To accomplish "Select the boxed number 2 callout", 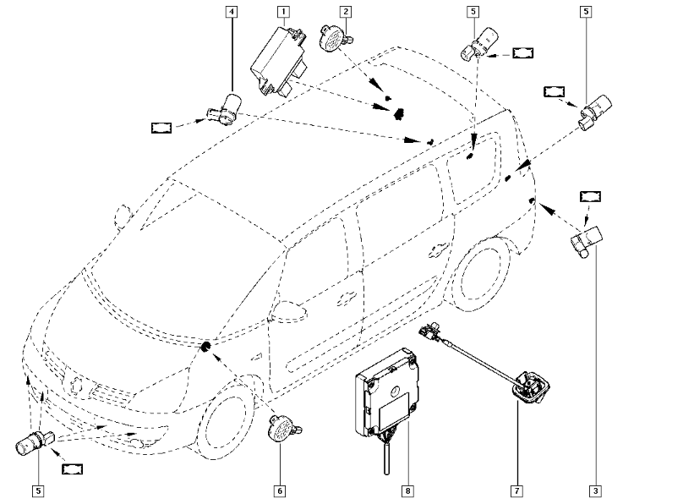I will click(345, 12).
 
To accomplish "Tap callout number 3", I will click(596, 490).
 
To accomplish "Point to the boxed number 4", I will click(232, 12).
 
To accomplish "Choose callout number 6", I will click(280, 490).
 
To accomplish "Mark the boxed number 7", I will click(515, 490).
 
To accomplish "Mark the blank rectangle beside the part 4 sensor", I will click(161, 128).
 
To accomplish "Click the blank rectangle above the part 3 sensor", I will click(591, 196).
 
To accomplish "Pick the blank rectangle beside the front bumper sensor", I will click(74, 468).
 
